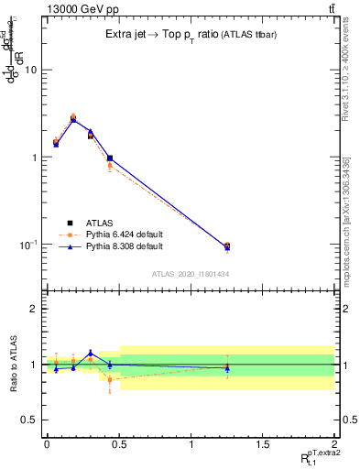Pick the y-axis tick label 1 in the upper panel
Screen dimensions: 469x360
pyautogui.click(x=34, y=158)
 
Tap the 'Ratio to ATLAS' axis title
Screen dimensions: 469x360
pyautogui.click(x=12, y=365)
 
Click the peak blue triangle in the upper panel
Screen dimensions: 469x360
pyautogui.click(x=73, y=119)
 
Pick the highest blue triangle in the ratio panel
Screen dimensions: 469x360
pyautogui.click(x=90, y=353)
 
